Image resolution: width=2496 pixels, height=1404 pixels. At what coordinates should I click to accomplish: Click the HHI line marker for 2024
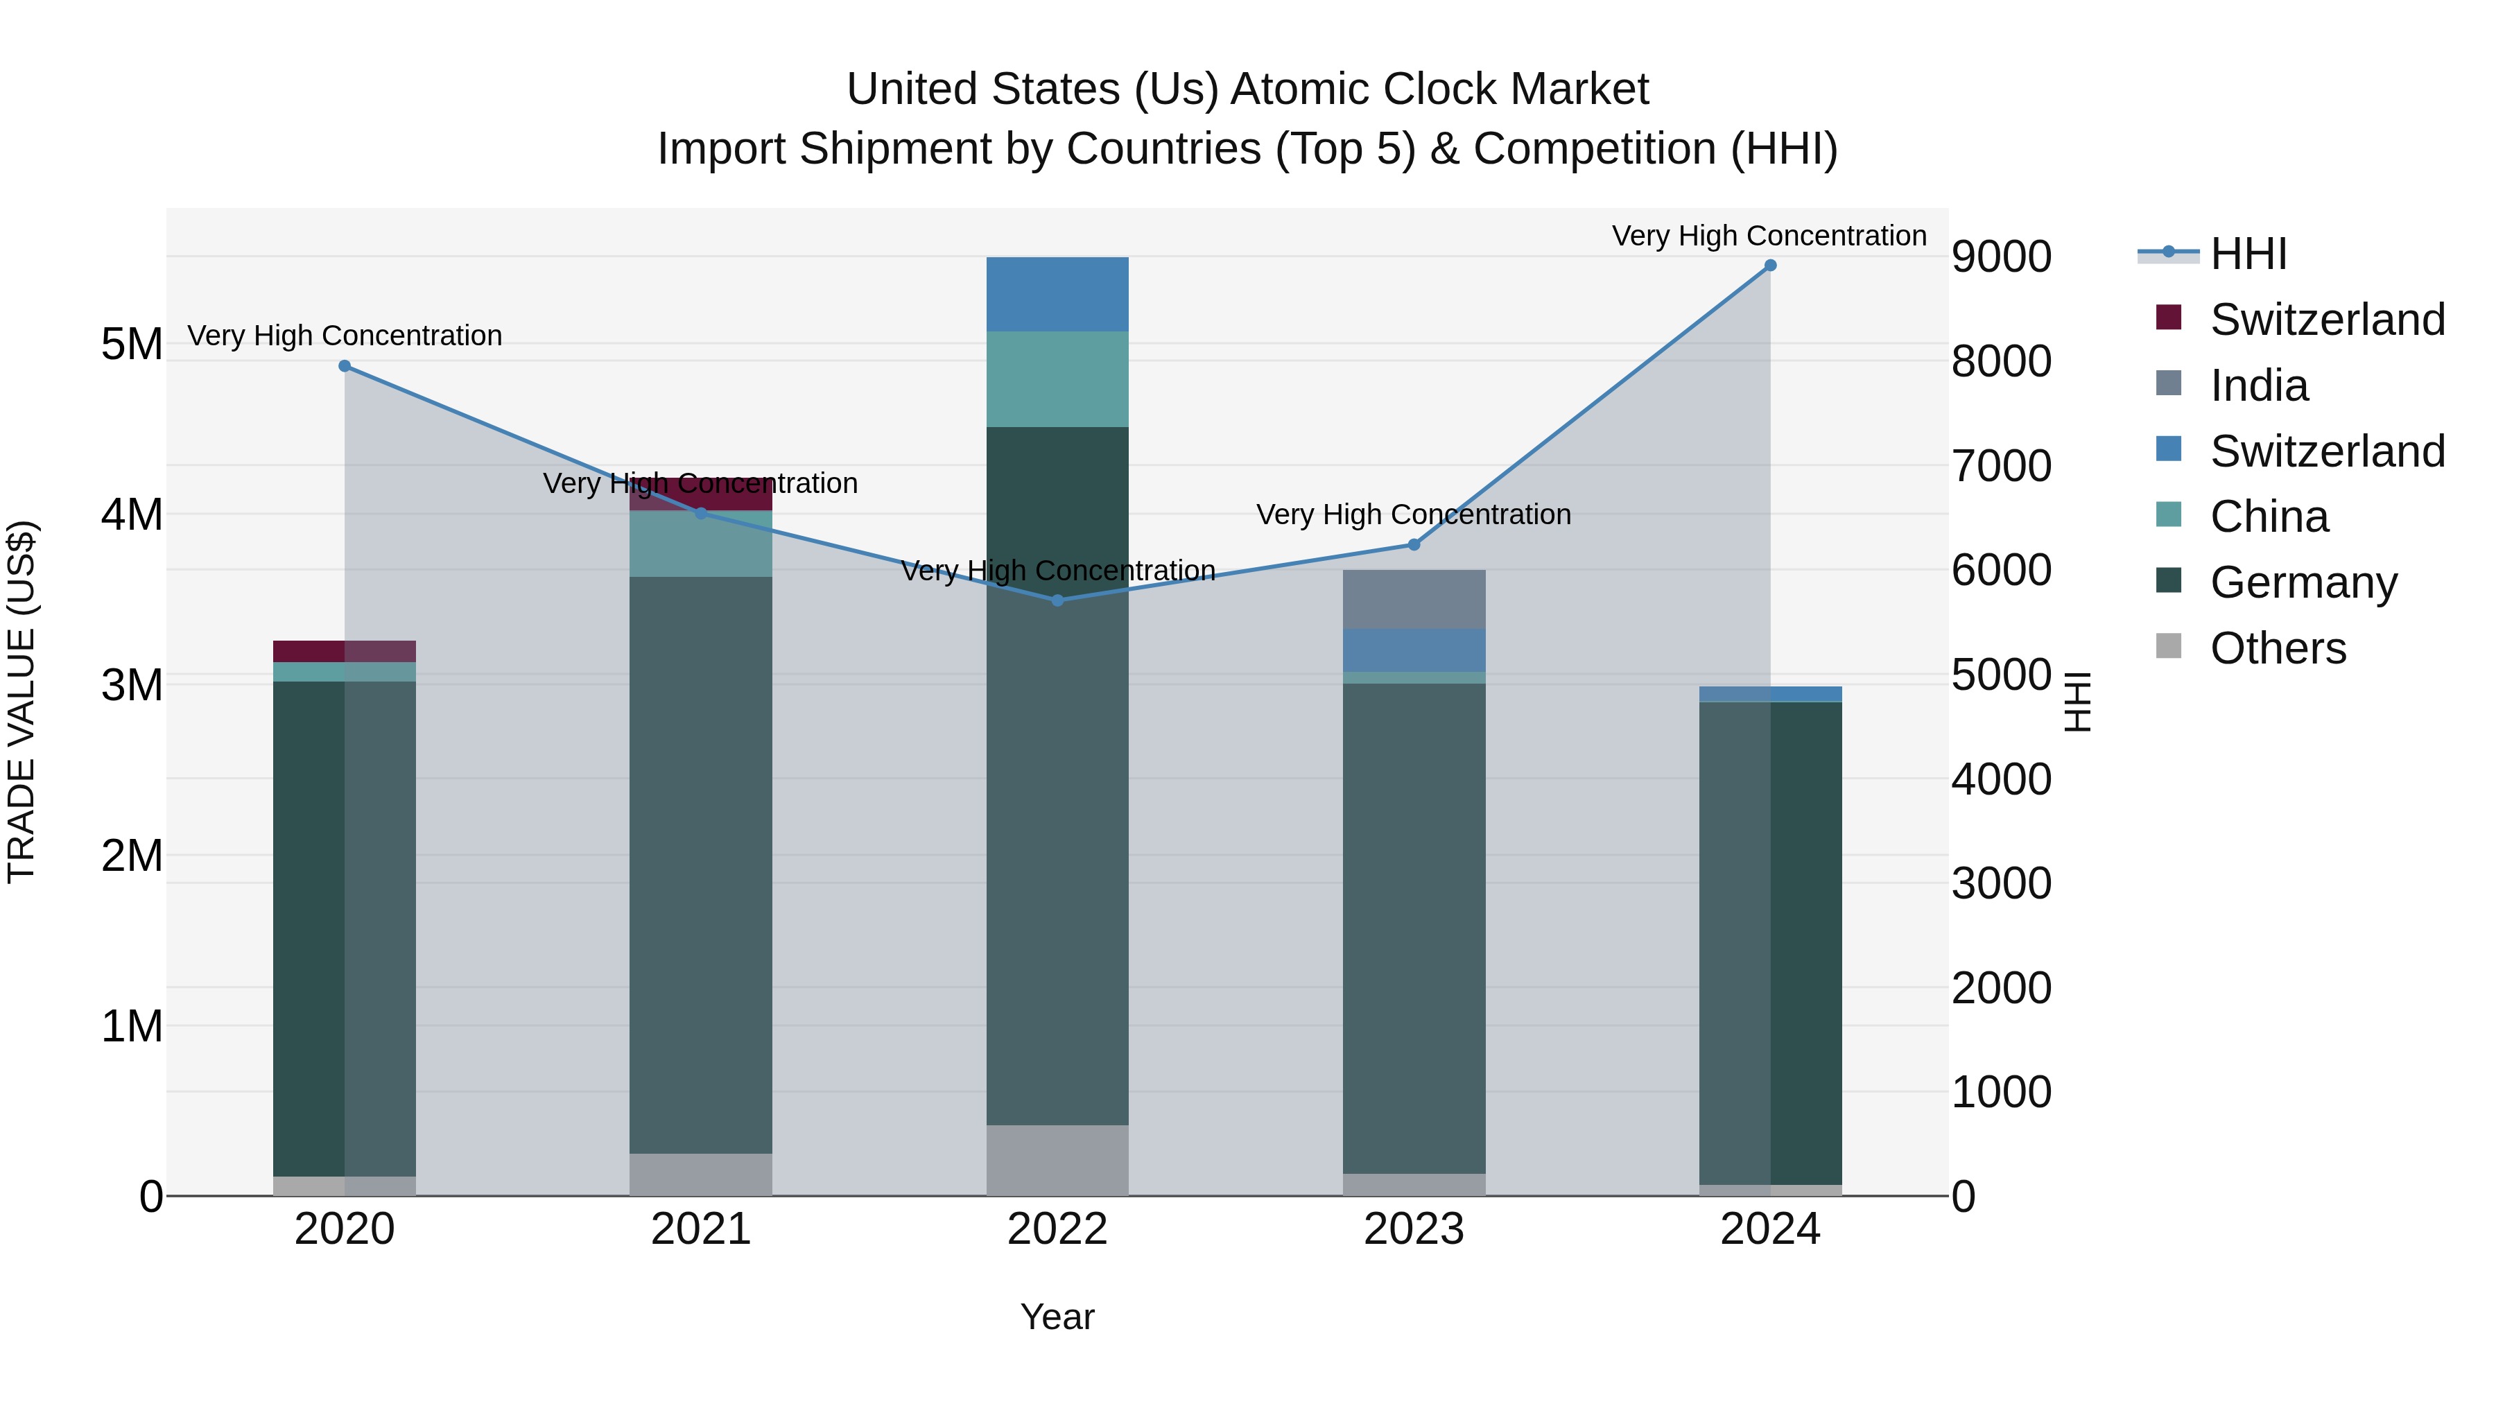[x=1769, y=266]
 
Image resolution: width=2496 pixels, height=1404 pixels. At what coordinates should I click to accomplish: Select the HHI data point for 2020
[x=344, y=366]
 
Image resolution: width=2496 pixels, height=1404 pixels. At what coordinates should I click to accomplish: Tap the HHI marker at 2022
[x=1057, y=600]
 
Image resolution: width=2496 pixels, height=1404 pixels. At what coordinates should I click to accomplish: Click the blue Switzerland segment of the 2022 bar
[x=1057, y=295]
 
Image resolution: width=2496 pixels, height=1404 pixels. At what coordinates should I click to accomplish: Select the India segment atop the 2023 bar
[x=1414, y=599]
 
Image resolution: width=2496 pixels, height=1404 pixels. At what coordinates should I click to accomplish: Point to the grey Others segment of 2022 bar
[x=1057, y=1160]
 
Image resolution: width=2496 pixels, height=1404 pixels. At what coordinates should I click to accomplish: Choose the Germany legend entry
[x=2302, y=582]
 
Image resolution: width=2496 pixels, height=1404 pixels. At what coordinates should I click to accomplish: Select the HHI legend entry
[x=2248, y=254]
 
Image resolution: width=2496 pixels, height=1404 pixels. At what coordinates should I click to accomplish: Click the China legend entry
[x=2269, y=517]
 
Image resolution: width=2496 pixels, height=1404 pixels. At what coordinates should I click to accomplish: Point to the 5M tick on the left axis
[x=132, y=345]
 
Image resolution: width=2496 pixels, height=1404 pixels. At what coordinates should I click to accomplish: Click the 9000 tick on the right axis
[x=2001, y=258]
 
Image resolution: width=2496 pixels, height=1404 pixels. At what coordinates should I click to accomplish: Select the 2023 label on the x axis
[x=1414, y=1229]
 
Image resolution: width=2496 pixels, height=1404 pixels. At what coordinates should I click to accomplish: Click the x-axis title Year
[x=1057, y=1317]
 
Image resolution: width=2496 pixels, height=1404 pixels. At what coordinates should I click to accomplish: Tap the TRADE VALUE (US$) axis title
[x=21, y=702]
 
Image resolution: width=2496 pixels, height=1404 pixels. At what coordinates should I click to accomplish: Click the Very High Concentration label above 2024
[x=1769, y=236]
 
